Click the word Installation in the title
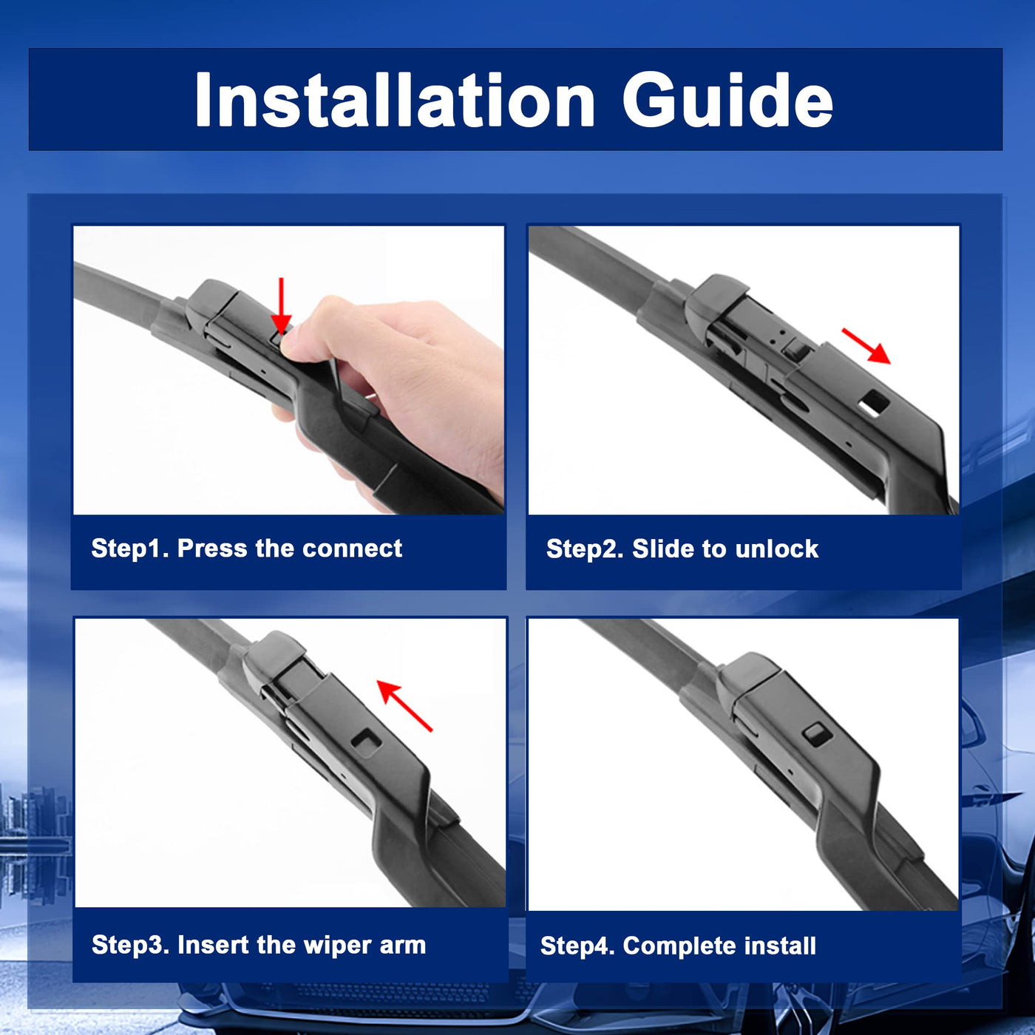point(395,101)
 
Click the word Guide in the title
point(727,101)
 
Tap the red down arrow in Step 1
point(281,306)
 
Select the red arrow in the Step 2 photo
point(866,347)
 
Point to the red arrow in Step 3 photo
point(404,706)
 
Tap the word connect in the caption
point(352,549)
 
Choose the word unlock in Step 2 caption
point(777,549)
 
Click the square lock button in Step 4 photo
point(817,734)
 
